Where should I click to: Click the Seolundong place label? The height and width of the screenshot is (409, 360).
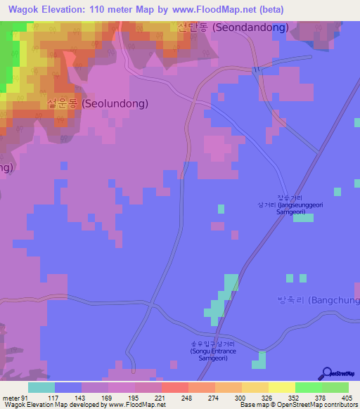pyautogui.click(x=98, y=103)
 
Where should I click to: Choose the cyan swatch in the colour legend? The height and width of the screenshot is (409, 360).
pyautogui.click(x=41, y=387)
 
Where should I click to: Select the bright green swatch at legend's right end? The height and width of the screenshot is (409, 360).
pyautogui.click(x=335, y=387)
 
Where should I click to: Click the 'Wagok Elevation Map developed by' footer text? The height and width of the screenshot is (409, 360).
pyautogui.click(x=83, y=405)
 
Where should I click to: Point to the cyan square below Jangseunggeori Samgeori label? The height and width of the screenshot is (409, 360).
pyautogui.click(x=304, y=219)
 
